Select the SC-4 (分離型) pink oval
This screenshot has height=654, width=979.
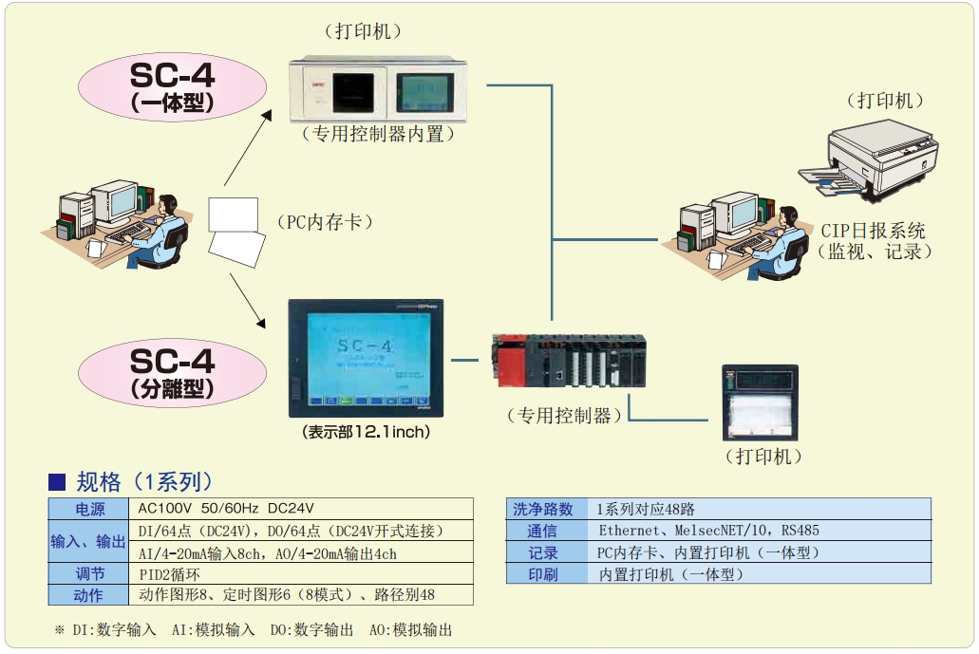click(172, 372)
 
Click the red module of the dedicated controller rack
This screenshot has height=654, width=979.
click(511, 359)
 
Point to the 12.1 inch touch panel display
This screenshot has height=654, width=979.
click(366, 358)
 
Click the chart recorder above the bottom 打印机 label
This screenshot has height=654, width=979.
click(760, 402)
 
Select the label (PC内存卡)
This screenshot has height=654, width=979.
click(325, 222)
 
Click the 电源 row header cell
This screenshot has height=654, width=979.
click(88, 509)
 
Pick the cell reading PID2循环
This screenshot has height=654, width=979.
click(170, 573)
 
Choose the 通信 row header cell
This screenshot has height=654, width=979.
click(543, 531)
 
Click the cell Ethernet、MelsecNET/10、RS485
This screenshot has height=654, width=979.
click(708, 531)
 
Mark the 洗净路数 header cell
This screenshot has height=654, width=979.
click(543, 509)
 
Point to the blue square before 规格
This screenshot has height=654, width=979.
click(57, 481)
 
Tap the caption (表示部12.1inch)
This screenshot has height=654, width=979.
click(366, 433)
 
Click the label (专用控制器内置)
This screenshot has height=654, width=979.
click(378, 135)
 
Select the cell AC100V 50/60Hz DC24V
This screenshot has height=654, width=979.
click(226, 509)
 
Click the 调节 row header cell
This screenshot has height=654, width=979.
click(88, 573)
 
